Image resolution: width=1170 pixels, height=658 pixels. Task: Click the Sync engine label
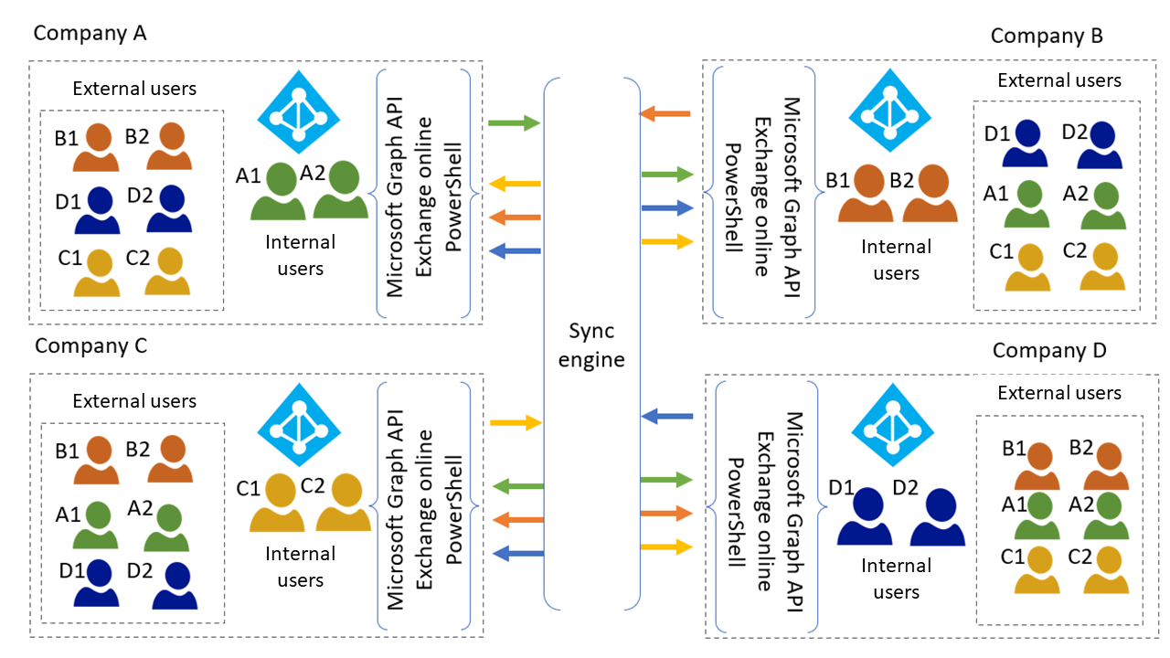pyautogui.click(x=591, y=345)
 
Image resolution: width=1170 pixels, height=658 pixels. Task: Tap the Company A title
pyautogui.click(x=90, y=33)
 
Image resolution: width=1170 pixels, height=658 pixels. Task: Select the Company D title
pyautogui.click(x=1049, y=350)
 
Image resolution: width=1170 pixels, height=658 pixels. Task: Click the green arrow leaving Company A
pyautogui.click(x=514, y=122)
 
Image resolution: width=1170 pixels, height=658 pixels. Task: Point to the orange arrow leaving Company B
pyautogui.click(x=665, y=113)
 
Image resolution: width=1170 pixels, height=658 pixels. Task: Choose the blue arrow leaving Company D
pyautogui.click(x=666, y=417)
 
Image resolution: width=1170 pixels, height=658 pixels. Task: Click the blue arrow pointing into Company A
pyautogui.click(x=516, y=249)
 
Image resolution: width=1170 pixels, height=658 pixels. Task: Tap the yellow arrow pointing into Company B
pyautogui.click(x=667, y=241)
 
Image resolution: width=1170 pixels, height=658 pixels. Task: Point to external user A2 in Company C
pyautogui.click(x=170, y=525)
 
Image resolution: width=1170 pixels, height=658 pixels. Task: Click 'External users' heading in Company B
pyautogui.click(x=1059, y=80)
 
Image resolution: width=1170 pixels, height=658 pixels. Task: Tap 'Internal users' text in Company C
pyautogui.click(x=301, y=567)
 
